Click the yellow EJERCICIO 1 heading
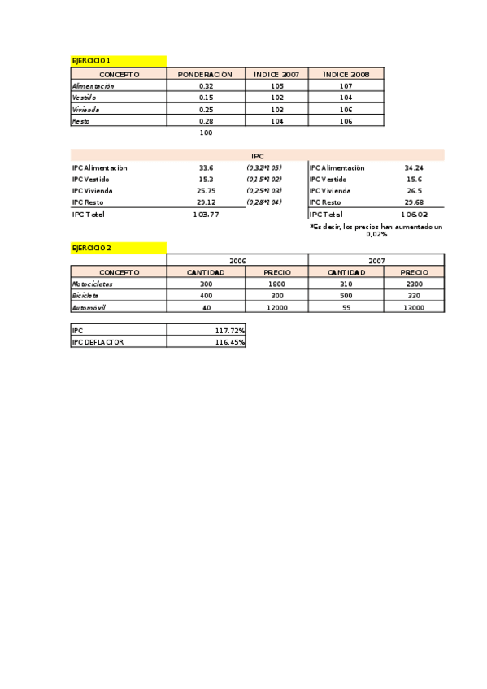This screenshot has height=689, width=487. click(91, 61)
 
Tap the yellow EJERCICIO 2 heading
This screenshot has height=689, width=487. click(91, 248)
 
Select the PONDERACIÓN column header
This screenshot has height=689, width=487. click(206, 74)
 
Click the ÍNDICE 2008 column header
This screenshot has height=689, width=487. click(346, 74)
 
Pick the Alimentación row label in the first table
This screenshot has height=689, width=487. click(93, 85)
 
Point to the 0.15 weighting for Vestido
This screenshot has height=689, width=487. click(206, 97)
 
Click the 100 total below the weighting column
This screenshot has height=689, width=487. click(206, 132)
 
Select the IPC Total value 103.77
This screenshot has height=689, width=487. click(206, 214)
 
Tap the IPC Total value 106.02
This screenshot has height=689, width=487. click(414, 214)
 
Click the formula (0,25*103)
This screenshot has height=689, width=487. click(263, 190)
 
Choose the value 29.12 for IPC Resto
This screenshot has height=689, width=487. click(206, 201)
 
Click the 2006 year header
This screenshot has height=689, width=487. click(237, 261)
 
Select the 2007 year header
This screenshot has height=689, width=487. click(376, 261)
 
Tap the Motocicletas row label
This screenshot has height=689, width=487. click(93, 284)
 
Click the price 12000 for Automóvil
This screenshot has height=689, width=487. click(276, 308)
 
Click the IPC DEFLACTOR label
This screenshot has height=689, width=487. click(98, 342)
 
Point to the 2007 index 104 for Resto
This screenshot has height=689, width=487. click(276, 120)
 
